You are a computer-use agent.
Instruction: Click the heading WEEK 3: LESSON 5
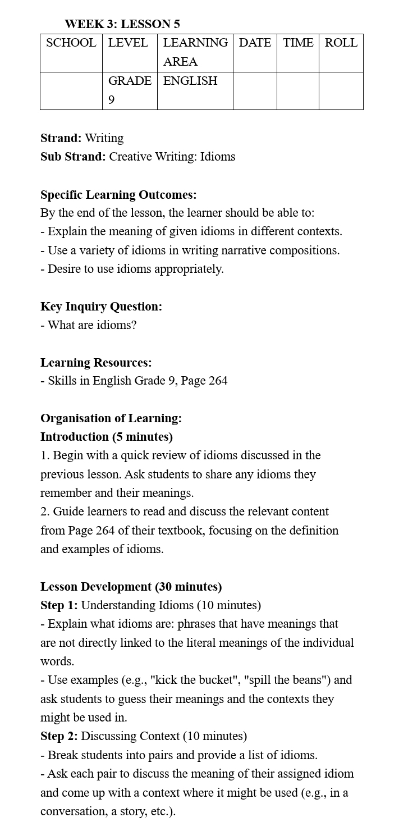[122, 24]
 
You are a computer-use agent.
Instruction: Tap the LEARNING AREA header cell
[195, 52]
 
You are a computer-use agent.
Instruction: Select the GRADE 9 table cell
[130, 90]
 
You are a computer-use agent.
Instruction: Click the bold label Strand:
[61, 138]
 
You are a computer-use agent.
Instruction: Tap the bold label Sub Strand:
[73, 157]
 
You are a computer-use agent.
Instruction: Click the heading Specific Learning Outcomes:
[118, 195]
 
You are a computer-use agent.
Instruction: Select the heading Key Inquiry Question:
[101, 307]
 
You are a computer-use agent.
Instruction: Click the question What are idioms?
[92, 325]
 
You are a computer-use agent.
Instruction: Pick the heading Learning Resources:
[96, 363]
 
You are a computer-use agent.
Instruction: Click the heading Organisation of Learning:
[111, 418]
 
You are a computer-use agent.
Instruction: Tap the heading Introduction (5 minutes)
[107, 437]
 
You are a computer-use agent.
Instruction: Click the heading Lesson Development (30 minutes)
[131, 587]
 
